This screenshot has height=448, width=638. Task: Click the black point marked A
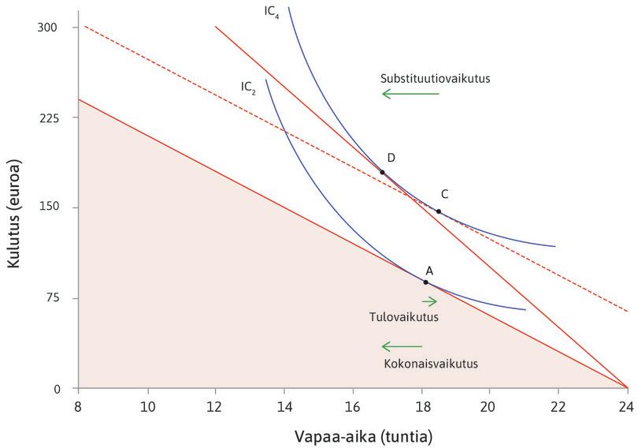coord(425,282)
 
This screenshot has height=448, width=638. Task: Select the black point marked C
coord(439,211)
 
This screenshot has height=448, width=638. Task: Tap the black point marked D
coord(383,172)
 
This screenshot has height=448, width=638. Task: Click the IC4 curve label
coord(272,13)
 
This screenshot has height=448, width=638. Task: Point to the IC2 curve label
coord(248,86)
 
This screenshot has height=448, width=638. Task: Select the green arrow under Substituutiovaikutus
coord(410,94)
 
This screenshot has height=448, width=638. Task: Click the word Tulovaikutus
coord(402,316)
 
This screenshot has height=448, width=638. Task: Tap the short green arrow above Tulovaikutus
coord(429,301)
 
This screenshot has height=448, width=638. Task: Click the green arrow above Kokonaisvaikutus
coord(402,346)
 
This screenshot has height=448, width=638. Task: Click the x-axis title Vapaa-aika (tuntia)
coord(352,435)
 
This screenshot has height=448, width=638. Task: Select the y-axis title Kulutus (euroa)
coord(15,208)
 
